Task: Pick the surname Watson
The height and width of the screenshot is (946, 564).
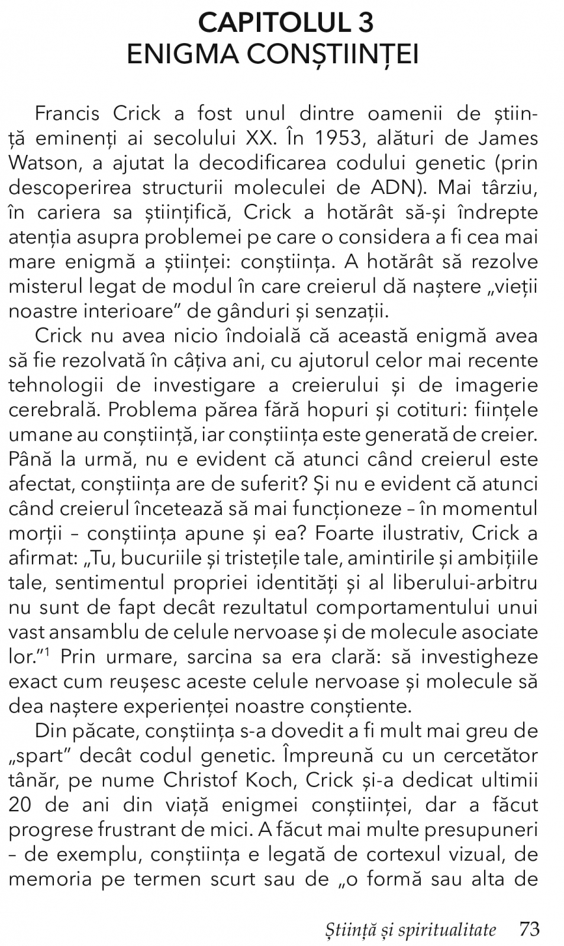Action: [37, 163]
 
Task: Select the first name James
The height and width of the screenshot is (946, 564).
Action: [508, 138]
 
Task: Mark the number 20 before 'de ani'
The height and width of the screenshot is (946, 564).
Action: [22, 805]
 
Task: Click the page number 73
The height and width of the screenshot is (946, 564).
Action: [528, 929]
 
